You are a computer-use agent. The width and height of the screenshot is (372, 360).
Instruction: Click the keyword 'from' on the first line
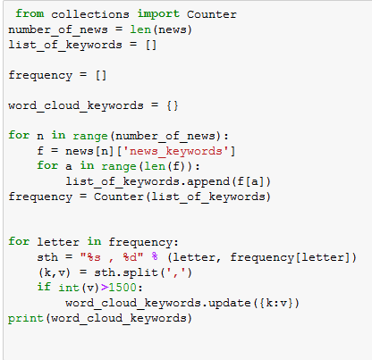coord(30,13)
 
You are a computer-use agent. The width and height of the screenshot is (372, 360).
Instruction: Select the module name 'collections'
coord(90,14)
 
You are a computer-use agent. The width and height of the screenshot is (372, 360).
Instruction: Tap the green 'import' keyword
coord(158,14)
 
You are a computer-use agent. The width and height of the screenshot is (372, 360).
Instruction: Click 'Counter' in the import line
coord(212,14)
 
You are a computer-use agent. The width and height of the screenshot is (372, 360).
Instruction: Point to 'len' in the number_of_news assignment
coord(140,29)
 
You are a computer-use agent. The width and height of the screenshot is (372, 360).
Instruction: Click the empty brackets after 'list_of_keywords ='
coord(151,45)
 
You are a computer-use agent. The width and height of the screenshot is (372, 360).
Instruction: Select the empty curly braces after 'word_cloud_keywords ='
coord(173,105)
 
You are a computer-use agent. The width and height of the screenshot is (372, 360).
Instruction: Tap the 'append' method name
coord(208,181)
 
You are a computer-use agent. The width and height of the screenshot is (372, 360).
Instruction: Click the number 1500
coord(123,288)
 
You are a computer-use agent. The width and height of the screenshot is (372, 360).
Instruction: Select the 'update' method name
coord(230,303)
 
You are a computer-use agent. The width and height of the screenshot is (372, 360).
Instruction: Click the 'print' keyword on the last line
coord(26,318)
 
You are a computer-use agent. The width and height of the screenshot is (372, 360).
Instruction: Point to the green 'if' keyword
coord(44,287)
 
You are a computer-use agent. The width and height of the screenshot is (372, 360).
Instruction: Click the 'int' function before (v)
coord(69,288)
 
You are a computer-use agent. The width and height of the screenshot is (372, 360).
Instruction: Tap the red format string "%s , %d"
coord(112,257)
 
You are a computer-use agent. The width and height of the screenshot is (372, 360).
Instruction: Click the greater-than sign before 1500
coord(105,288)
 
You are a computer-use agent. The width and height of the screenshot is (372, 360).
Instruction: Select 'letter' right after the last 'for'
coord(58,242)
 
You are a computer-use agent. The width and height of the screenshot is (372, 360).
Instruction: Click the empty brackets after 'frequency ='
coord(101,75)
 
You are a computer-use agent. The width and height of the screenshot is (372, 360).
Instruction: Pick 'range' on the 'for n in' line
coord(90,136)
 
